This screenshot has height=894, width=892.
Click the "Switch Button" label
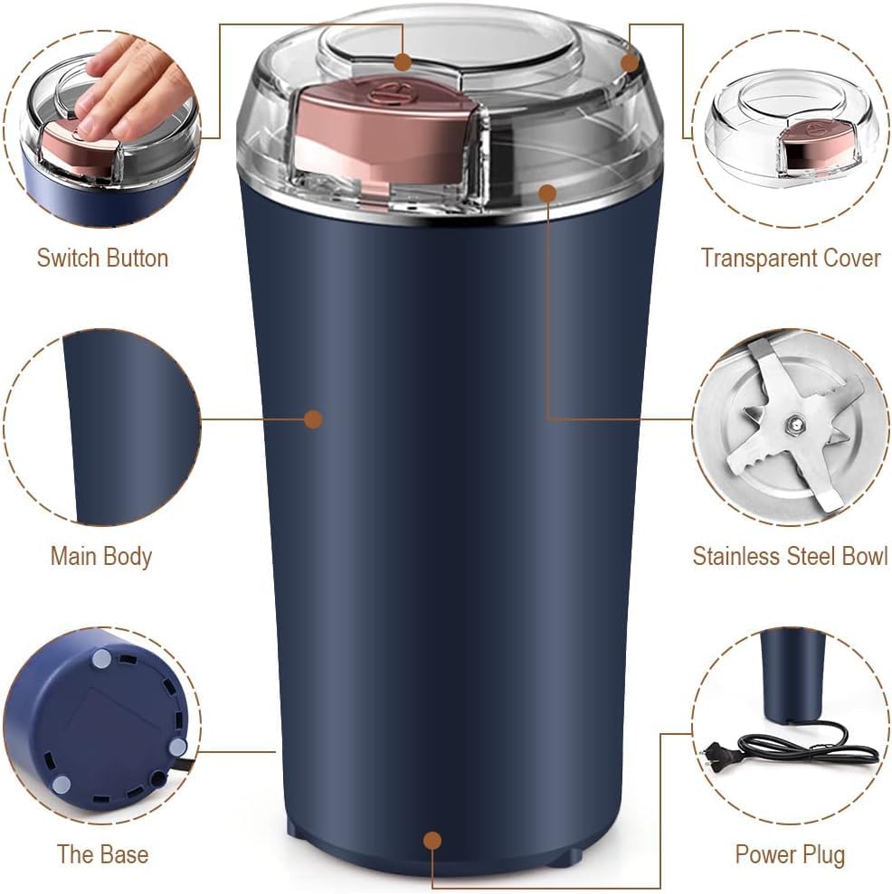point(102,258)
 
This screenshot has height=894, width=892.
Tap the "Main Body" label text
point(100,556)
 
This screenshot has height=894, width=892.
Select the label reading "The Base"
point(102,854)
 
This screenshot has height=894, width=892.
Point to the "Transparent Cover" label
point(790,258)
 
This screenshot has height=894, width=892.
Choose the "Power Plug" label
point(790,854)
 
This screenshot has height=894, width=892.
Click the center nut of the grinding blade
point(793,422)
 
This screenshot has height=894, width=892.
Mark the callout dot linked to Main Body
point(313,419)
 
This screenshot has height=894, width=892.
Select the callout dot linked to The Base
point(432,841)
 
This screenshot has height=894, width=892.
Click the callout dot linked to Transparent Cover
point(631,61)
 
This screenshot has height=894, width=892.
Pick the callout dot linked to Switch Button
point(403,61)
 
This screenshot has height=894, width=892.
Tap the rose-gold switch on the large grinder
point(384,131)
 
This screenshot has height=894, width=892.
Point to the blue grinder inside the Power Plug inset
point(792,673)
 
